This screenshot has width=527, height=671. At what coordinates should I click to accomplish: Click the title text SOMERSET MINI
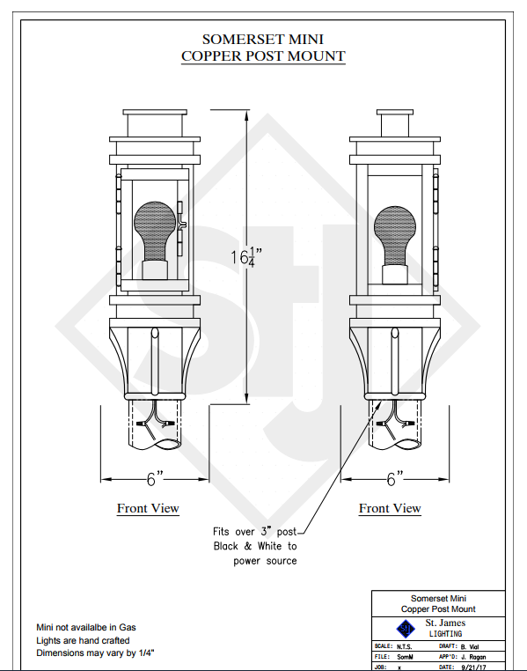click(x=262, y=40)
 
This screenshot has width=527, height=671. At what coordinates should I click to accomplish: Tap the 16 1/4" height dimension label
click(x=245, y=257)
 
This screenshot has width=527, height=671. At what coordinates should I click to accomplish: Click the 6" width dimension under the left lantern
click(x=155, y=479)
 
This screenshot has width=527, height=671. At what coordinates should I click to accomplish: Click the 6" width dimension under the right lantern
click(x=395, y=479)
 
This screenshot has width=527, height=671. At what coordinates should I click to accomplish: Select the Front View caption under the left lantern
click(x=148, y=508)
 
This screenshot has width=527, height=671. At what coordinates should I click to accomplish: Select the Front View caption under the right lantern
click(x=390, y=508)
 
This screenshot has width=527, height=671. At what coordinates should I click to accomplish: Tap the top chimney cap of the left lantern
click(x=155, y=112)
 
